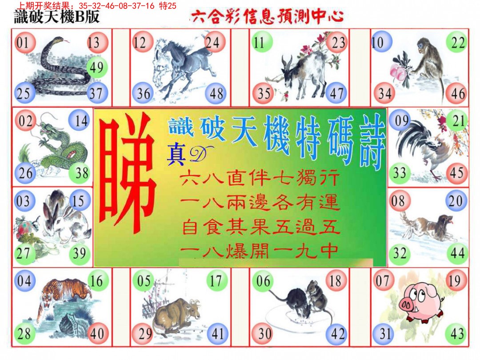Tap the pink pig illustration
[420, 304]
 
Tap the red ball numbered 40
[97, 333]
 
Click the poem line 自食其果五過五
[261, 228]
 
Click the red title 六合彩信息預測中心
[267, 17]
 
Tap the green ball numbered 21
[458, 120]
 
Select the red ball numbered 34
[385, 93]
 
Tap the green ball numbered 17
[216, 280]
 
